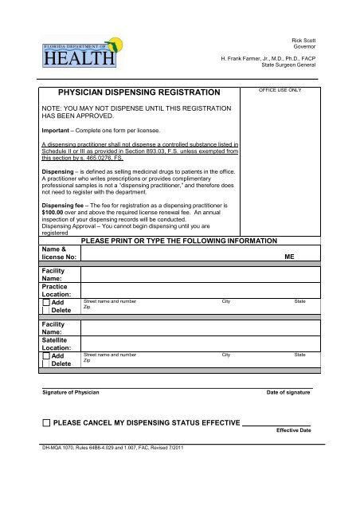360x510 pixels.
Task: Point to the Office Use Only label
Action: click(280, 91)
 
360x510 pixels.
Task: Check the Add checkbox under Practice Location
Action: click(45, 304)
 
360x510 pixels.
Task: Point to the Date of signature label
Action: click(288, 394)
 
